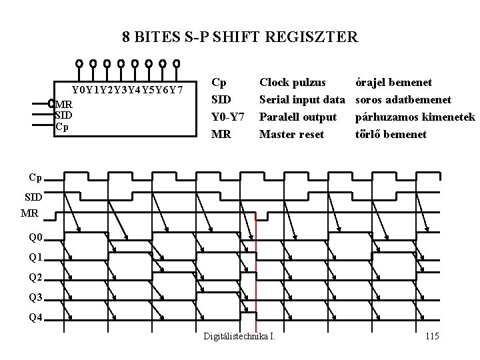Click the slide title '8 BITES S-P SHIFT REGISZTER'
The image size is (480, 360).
pyautogui.click(x=240, y=36)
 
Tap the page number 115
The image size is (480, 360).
pyautogui.click(x=431, y=336)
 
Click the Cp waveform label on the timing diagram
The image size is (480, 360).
pyautogui.click(x=36, y=178)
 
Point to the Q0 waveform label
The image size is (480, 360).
pyautogui.click(x=35, y=237)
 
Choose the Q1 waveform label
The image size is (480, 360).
pyautogui.click(x=35, y=257)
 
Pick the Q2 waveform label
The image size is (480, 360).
pyautogui.click(x=35, y=277)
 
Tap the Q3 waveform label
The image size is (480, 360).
pyautogui.click(x=35, y=297)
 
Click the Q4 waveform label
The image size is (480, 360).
pyautogui.click(x=35, y=317)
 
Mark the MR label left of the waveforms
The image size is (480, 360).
pyautogui.click(x=29, y=213)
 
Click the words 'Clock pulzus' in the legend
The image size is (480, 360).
pyautogui.click(x=292, y=83)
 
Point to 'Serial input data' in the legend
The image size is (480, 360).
pyautogui.click(x=301, y=100)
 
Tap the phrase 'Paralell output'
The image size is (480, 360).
pyautogui.click(x=297, y=117)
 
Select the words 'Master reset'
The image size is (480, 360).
pyautogui.click(x=291, y=135)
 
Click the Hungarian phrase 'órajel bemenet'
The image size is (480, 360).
pyautogui.click(x=393, y=83)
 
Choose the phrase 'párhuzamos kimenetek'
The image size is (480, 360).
pyautogui.click(x=415, y=117)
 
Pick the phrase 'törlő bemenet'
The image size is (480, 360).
pyautogui.click(x=391, y=135)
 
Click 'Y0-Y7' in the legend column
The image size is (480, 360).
pyautogui.click(x=224, y=117)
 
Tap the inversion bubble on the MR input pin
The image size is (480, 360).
pyautogui.click(x=51, y=103)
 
